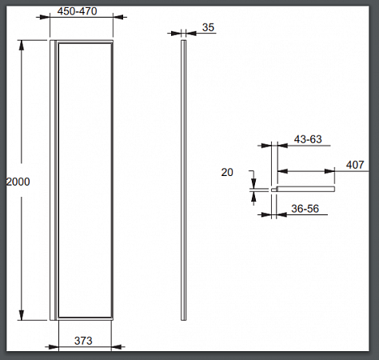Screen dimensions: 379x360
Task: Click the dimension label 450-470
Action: coord(77,11)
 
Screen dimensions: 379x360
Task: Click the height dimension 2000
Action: coord(18,182)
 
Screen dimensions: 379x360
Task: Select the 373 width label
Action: coord(83,341)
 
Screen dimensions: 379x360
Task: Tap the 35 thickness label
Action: coord(208,27)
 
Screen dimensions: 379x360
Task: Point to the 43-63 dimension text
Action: coord(308,139)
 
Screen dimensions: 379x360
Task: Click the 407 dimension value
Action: coord(355,165)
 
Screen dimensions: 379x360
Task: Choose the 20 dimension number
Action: coord(227,172)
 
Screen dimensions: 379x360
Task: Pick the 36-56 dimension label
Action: coord(305,209)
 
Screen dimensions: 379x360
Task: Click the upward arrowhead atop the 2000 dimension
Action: coord(22,46)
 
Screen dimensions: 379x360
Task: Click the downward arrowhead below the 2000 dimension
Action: coord(22,315)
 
